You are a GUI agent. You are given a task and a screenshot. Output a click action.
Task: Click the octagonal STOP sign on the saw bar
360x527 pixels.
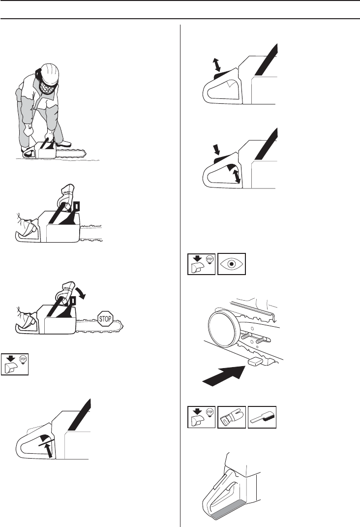tap(105, 319)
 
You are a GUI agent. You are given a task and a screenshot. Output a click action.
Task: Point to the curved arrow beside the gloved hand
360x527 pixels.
tap(81, 291)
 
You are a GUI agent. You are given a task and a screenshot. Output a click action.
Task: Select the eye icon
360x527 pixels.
tap(232, 264)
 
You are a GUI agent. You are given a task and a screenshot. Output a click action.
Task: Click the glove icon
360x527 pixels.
tap(232, 417)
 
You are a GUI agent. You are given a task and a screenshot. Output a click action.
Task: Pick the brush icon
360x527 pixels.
tap(262, 417)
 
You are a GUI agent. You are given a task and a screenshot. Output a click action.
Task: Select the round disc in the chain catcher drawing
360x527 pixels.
tap(223, 328)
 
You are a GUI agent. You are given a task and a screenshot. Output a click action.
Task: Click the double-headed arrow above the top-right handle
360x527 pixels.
tap(216, 64)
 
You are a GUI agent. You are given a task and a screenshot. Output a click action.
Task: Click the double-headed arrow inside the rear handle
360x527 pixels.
tap(237, 177)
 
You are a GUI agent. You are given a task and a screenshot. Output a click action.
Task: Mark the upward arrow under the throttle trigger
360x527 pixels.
tap(49, 450)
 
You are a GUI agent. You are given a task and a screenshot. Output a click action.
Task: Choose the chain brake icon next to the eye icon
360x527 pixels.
tap(202, 264)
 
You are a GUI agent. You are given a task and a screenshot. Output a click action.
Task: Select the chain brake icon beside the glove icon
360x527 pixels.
tap(202, 417)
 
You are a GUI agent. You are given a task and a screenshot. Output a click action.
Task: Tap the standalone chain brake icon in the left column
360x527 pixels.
tap(14, 364)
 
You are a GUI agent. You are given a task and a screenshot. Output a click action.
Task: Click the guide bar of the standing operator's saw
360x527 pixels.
tap(70, 155)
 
